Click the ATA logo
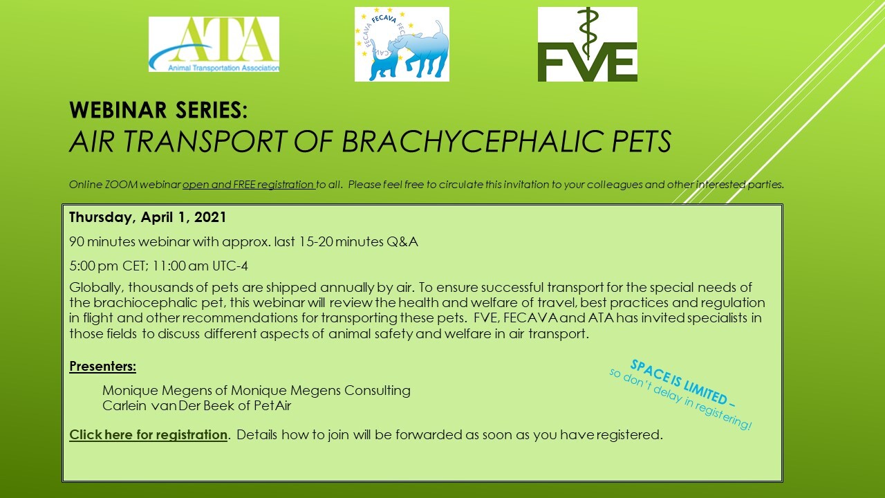[x=214, y=44]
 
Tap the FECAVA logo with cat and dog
[x=402, y=44]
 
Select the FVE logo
[x=588, y=44]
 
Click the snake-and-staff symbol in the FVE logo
[x=588, y=34]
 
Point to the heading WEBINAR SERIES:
[x=158, y=110]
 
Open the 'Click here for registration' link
[x=148, y=435]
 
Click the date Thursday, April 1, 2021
[x=148, y=217]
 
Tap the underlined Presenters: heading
[x=103, y=367]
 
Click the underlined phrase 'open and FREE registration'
[x=248, y=185]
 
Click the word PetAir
[x=272, y=405]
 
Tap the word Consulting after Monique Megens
[x=378, y=391]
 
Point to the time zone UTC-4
[x=230, y=266]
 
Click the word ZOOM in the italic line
[x=121, y=185]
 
